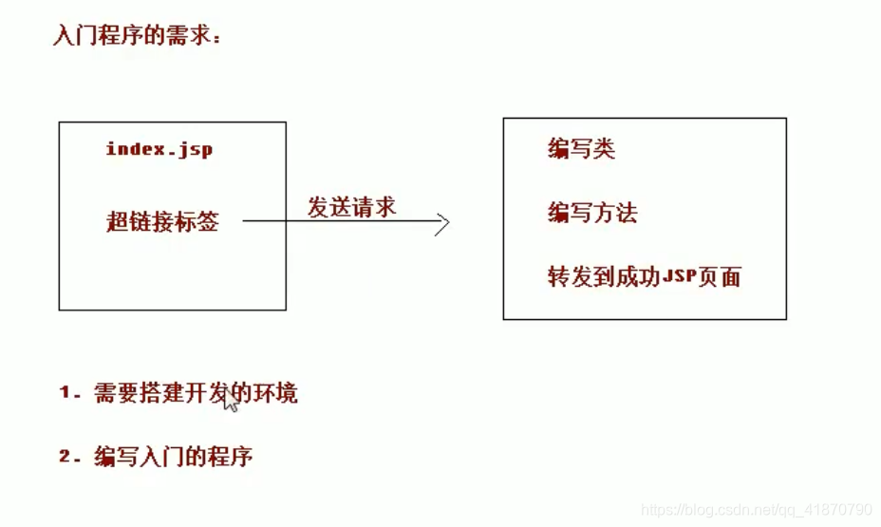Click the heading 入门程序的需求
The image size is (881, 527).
(137, 36)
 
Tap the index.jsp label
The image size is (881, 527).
(159, 149)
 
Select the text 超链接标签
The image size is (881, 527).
(162, 222)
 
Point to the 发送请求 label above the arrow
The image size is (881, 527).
(351, 207)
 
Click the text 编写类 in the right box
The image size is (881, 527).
(581, 149)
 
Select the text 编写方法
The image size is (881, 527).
(591, 213)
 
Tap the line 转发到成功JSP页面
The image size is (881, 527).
(644, 277)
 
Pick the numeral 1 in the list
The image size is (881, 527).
(66, 392)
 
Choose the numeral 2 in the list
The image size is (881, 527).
(66, 456)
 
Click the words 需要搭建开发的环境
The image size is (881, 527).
(196, 392)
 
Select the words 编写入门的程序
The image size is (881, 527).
(173, 456)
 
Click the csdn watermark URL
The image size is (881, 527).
(757, 510)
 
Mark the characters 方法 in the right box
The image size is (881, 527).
(614, 213)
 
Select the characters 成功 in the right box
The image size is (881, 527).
(637, 277)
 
